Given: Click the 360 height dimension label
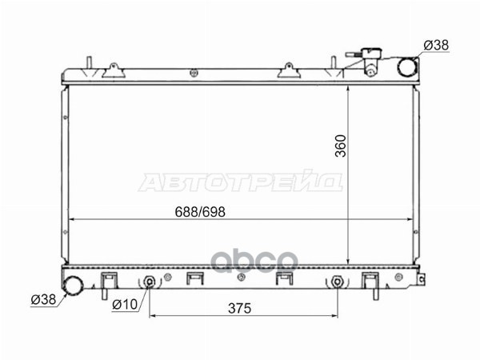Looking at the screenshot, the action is click(x=341, y=146).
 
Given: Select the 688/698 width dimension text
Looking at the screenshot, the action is click(x=200, y=212).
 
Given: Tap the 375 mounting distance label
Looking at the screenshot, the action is click(x=239, y=308).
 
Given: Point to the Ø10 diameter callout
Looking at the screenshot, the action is click(x=126, y=304).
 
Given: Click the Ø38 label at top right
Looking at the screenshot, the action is click(x=436, y=46).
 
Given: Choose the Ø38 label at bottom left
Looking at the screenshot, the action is click(x=43, y=299).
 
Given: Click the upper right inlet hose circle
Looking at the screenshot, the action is click(x=407, y=66).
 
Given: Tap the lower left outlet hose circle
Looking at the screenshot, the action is click(x=73, y=286).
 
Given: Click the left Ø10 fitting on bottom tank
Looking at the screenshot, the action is click(x=150, y=282).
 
